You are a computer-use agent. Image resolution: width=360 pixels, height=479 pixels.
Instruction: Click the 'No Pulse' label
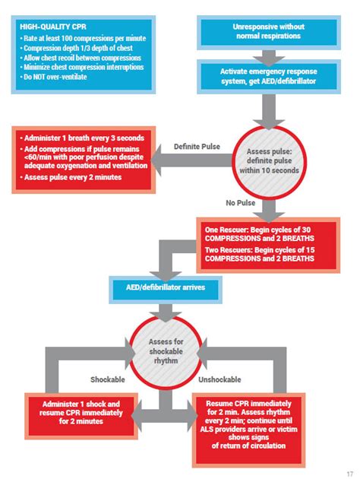(240, 202)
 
